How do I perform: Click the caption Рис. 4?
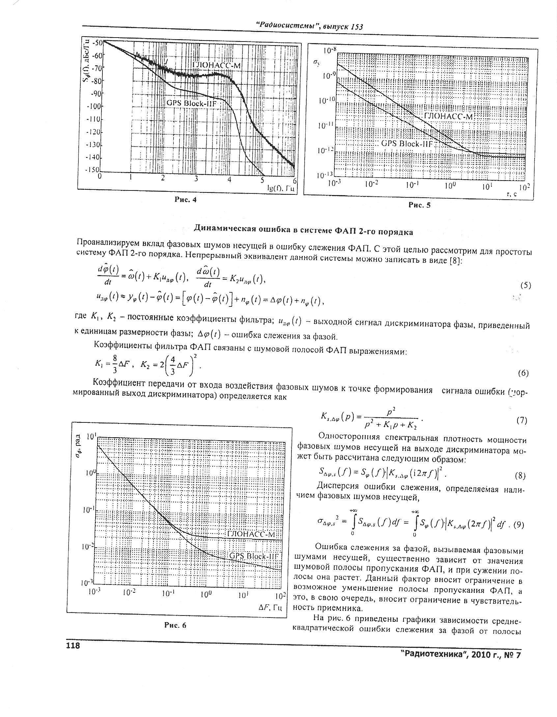point(185,200)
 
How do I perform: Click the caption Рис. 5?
point(419,205)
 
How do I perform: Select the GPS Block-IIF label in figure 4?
point(193,103)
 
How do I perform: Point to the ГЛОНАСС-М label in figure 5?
point(448,117)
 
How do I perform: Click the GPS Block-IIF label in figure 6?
point(253,556)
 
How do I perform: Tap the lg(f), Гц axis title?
point(280,188)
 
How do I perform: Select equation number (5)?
point(525,285)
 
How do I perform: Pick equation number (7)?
point(521,420)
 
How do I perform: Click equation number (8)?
point(519,476)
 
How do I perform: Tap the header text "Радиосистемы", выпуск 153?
point(309,26)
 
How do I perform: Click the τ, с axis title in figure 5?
point(512,195)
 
